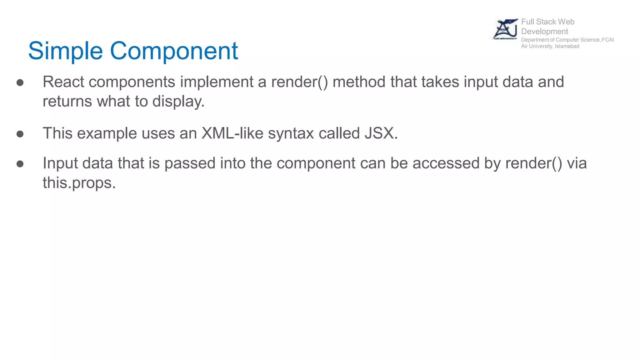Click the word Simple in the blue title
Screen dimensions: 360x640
[x=65, y=51]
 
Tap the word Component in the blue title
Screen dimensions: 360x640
[x=174, y=51]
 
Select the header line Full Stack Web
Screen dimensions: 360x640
[x=547, y=22]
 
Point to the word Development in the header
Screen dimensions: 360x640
[x=544, y=32]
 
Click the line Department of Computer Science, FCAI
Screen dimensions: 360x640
[x=567, y=40]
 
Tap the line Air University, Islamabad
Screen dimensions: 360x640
[x=550, y=46]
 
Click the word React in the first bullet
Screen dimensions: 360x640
[x=63, y=82]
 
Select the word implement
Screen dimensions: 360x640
[x=216, y=82]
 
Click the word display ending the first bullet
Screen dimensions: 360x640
[x=178, y=101]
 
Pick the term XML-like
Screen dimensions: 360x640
[x=232, y=133]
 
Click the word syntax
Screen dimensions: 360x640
[x=291, y=133]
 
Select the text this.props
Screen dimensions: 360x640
[x=79, y=183]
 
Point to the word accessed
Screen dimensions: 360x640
[x=446, y=163]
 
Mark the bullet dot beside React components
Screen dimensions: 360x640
[x=20, y=82]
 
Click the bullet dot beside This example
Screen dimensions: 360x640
[x=20, y=134]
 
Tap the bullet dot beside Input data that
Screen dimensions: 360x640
[x=20, y=164]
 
